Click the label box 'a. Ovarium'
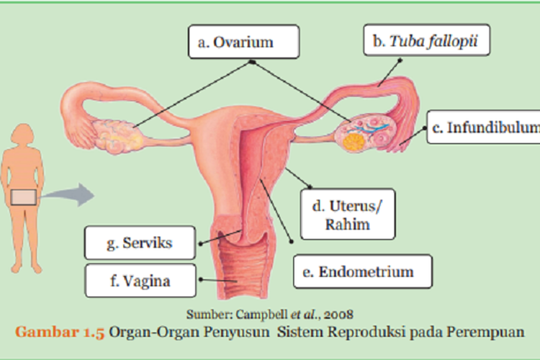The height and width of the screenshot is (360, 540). [245, 42]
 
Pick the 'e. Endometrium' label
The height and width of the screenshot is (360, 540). [363, 271]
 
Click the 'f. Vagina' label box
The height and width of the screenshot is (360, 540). [140, 281]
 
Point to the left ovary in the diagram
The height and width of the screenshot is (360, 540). [114, 135]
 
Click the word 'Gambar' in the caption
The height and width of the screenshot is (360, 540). [45, 332]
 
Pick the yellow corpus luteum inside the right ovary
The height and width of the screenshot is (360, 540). [354, 141]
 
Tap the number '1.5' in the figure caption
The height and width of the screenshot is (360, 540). [91, 332]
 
